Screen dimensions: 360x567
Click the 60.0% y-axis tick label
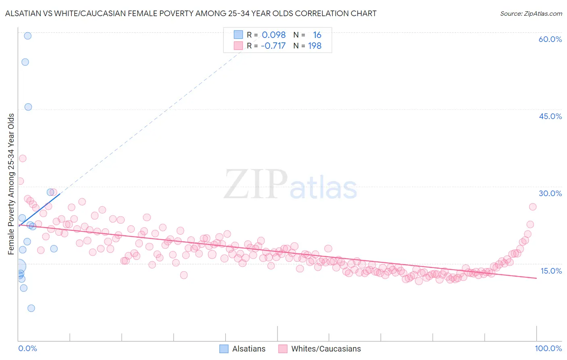(x=550, y=39)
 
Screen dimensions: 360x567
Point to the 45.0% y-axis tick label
(x=550, y=116)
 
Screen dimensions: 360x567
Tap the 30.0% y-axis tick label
(x=550, y=193)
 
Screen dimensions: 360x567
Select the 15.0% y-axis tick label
(x=551, y=271)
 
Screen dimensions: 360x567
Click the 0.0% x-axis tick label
(x=27, y=348)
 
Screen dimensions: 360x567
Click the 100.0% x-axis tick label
(x=548, y=348)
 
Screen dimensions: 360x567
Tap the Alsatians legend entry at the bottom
(x=242, y=349)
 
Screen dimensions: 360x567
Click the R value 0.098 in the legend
(x=273, y=35)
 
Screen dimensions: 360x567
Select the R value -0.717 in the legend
(x=273, y=46)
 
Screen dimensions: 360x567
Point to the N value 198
(x=315, y=46)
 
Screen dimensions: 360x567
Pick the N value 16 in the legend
(x=317, y=35)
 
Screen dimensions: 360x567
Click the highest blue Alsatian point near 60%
(x=27, y=36)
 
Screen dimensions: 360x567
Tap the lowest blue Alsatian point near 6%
(x=31, y=308)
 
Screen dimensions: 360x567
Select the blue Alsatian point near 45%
(x=28, y=107)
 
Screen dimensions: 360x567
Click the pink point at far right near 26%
(x=533, y=207)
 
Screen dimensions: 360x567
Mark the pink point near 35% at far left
(x=23, y=159)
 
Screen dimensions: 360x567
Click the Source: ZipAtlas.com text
(x=531, y=14)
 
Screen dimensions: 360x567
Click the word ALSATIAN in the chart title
(x=24, y=14)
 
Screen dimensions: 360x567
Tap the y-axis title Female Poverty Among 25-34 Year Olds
(x=11, y=184)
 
